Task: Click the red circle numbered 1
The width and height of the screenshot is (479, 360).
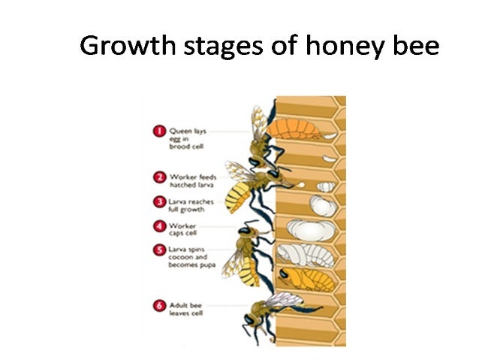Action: tap(158, 132)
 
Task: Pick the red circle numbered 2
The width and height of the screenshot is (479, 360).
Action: tap(158, 178)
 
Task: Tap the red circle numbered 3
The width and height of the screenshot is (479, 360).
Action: tap(158, 202)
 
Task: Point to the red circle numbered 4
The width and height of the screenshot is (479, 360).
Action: tap(158, 225)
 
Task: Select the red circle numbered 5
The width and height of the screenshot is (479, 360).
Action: tap(158, 250)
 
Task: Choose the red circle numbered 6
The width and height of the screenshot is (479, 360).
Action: tap(158, 305)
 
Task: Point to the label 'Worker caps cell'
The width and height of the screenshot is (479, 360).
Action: tap(183, 229)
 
